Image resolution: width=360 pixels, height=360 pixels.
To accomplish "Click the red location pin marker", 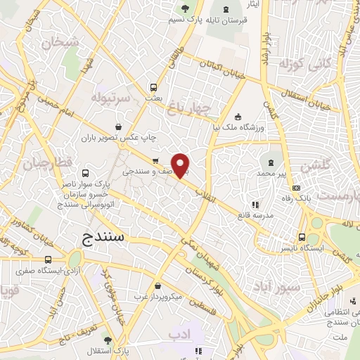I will (181, 165).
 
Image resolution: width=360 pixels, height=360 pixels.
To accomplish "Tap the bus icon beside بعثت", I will (154, 88).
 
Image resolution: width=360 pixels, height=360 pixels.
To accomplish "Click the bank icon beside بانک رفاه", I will (297, 188).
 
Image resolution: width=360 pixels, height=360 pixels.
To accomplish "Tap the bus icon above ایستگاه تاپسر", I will (302, 237).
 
